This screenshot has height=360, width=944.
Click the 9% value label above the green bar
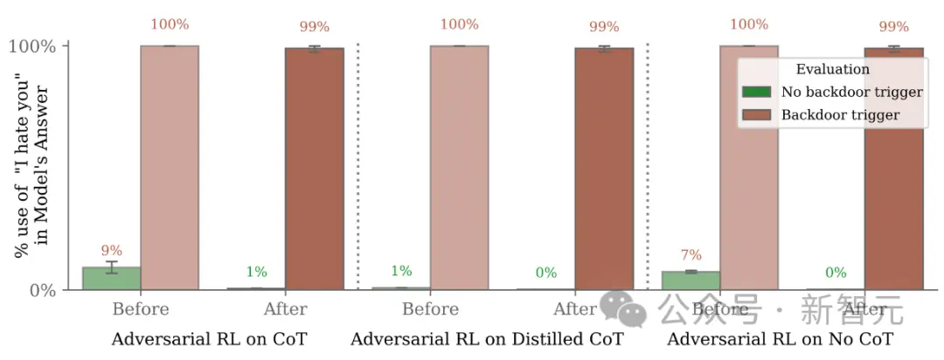[x=111, y=252]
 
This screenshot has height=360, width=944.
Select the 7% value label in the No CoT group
[x=691, y=255]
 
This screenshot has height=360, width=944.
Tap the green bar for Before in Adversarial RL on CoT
[x=111, y=278]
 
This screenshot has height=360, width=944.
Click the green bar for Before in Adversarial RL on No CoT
[x=691, y=280]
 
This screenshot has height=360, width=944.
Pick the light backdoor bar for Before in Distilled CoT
[x=459, y=166]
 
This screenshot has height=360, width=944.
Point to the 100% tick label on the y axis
[x=32, y=46]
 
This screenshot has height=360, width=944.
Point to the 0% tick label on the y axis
[x=43, y=289]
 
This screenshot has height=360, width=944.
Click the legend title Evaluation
[x=832, y=69]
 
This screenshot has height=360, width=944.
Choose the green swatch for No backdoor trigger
[x=756, y=92]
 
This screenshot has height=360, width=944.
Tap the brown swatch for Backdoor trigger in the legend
[x=756, y=114]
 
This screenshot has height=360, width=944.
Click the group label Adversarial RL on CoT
[x=209, y=339]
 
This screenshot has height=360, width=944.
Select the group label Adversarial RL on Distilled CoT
[x=487, y=339]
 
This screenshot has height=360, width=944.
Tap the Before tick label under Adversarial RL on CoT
[x=141, y=309]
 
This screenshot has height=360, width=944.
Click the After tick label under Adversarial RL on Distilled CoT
[x=574, y=309]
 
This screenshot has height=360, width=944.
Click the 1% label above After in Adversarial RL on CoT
[x=255, y=272]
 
